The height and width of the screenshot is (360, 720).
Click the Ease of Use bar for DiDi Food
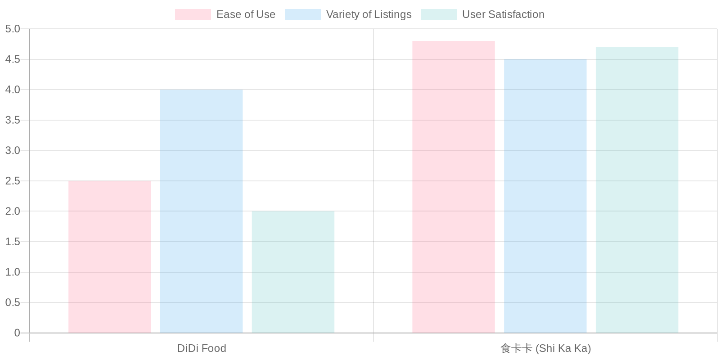tap(109, 257)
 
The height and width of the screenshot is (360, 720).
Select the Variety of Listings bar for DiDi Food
tap(201, 211)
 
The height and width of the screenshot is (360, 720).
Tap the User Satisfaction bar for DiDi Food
tap(293, 272)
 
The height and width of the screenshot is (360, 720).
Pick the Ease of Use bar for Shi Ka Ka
tap(453, 187)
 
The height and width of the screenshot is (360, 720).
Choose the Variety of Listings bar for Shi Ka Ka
tap(545, 196)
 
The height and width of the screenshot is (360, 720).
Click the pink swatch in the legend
tap(193, 14)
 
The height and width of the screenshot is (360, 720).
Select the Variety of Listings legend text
tap(369, 14)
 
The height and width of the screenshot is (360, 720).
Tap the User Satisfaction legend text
tap(503, 14)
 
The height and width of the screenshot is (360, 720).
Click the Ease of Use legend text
tap(246, 14)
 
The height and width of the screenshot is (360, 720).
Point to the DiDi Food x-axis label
tap(202, 348)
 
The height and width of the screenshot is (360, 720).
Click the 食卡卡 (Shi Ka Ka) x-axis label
tap(545, 348)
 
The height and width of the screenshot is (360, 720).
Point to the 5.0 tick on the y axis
tap(13, 29)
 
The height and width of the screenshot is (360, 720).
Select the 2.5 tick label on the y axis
tap(13, 181)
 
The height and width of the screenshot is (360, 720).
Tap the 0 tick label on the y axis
tap(17, 333)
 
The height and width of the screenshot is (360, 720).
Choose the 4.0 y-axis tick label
tap(13, 90)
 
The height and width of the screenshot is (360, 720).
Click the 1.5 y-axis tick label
tap(13, 242)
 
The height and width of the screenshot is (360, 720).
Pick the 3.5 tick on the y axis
tap(13, 120)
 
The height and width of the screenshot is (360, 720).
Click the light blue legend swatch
tap(302, 14)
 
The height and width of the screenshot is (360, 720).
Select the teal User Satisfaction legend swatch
tap(438, 14)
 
